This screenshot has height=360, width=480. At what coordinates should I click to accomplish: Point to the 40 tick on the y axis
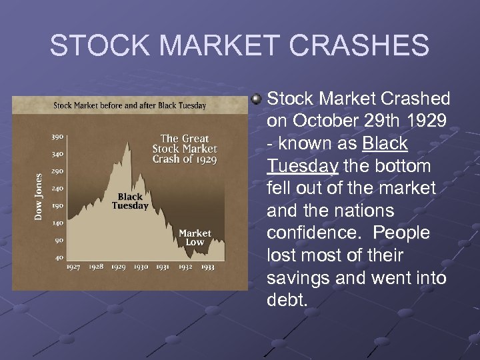coord(59,257)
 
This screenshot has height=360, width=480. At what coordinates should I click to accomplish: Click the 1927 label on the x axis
coord(74,267)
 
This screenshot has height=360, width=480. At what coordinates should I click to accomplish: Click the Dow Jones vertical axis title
coord(39,197)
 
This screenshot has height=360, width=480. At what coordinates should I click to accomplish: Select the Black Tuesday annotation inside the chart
coord(130,201)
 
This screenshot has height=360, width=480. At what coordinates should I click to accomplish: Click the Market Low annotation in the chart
coord(195,237)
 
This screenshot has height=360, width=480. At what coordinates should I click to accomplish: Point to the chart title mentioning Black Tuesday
coord(130,105)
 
